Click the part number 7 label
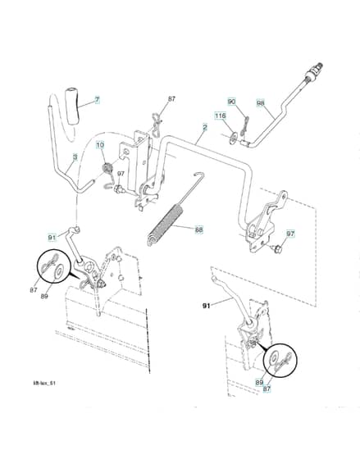tap(97, 100)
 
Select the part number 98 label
tap(261, 103)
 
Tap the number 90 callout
tap(232, 102)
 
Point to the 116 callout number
tap(221, 116)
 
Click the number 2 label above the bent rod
tap(205, 127)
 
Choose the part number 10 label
tap(100, 145)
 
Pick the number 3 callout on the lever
tap(75, 157)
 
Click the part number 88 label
tap(199, 229)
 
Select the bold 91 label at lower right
tap(207, 306)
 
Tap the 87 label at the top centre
tap(171, 98)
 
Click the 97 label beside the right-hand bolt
tap(290, 234)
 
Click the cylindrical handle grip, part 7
tap(73, 105)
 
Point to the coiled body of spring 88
tap(166, 221)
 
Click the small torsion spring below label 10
tap(107, 169)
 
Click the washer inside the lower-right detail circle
tap(275, 359)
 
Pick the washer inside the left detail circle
tap(59, 271)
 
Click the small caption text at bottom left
tap(44, 383)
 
